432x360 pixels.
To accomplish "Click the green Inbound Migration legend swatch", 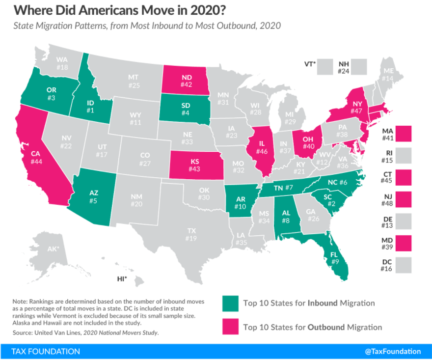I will pyautogui.click(x=230, y=303).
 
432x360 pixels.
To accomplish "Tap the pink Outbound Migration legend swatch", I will pyautogui.click(x=230, y=327).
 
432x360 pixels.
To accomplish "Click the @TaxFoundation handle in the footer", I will pyautogui.click(x=392, y=351).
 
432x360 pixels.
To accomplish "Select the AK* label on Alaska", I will pyautogui.click(x=54, y=249).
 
